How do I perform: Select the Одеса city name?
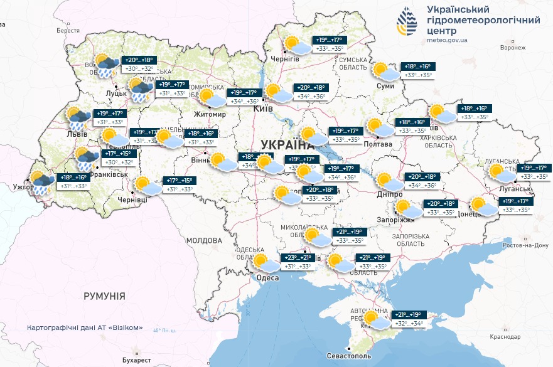[268, 278]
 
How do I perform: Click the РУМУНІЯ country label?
[104, 295]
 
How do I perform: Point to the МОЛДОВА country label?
[204, 240]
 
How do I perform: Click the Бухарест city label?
[137, 359]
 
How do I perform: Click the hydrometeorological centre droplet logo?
[407, 24]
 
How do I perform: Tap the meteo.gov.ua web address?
[447, 40]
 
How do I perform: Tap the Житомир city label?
[210, 115]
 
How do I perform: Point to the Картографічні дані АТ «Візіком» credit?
[89, 328]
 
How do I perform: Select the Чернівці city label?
[132, 199]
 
